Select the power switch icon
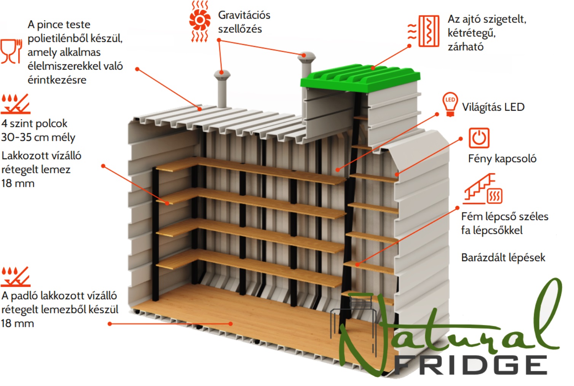point(479,138)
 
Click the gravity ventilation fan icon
point(199,21)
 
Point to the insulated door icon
point(424,31)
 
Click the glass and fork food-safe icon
point(11,51)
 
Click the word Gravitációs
point(244,15)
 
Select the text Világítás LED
point(493,107)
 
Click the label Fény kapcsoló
point(502,159)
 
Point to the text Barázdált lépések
point(503,258)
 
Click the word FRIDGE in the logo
point(470,365)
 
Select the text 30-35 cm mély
point(38,138)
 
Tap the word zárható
point(466,47)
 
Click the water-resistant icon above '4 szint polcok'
point(16,104)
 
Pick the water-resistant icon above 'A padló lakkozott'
point(16,276)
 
